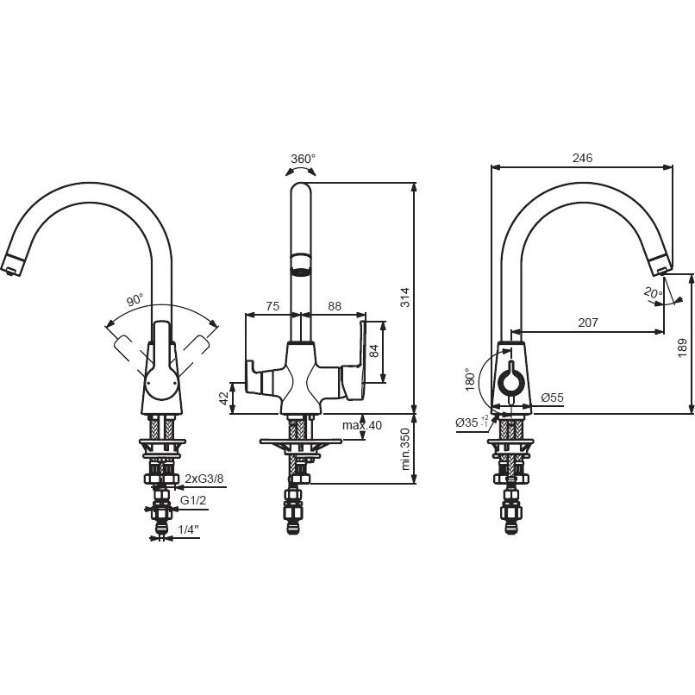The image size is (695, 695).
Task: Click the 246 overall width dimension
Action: pyautogui.click(x=582, y=158)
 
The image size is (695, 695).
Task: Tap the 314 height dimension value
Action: pyautogui.click(x=405, y=297)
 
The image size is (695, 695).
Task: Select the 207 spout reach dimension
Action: pyautogui.click(x=588, y=322)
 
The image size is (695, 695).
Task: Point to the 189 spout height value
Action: pyautogui.click(x=682, y=348)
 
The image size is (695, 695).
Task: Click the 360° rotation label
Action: pyautogui.click(x=304, y=159)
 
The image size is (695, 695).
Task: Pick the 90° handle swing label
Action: pyautogui.click(x=135, y=300)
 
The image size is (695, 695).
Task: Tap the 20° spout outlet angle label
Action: pyautogui.click(x=653, y=292)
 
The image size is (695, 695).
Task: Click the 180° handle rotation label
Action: pyautogui.click(x=470, y=379)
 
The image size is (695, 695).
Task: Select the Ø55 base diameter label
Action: pyautogui.click(x=552, y=398)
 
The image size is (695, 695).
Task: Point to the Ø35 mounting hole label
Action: pyautogui.click(x=472, y=423)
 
